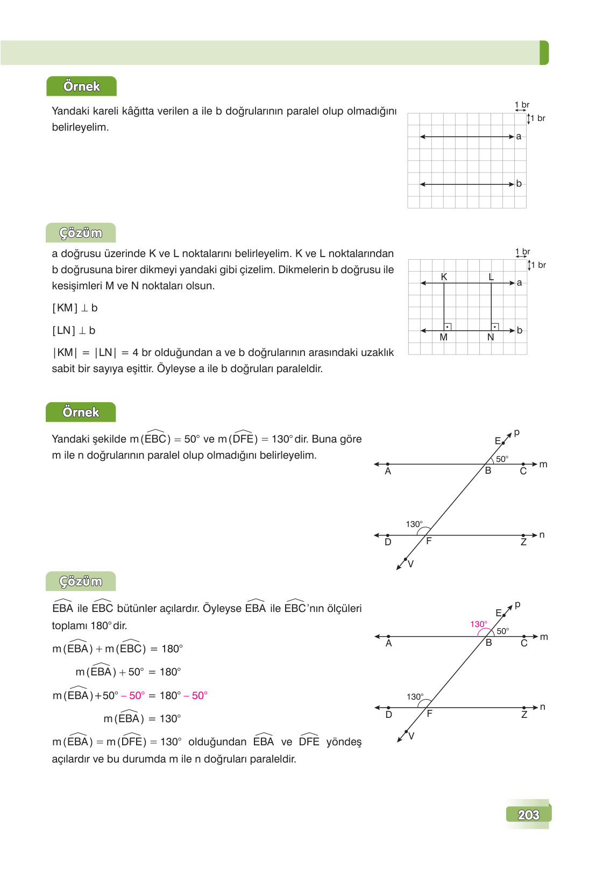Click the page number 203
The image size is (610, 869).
click(528, 815)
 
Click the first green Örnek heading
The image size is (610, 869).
click(81, 87)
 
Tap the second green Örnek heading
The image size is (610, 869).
click(81, 412)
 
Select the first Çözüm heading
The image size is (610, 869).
click(81, 233)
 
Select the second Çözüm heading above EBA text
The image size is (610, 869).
click(81, 581)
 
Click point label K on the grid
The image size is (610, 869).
click(444, 277)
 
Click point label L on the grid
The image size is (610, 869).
click(491, 277)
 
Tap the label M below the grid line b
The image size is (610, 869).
click(443, 337)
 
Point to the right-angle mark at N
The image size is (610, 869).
click(495, 327)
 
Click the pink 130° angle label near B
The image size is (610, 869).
click(478, 624)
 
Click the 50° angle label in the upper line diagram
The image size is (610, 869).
click(502, 459)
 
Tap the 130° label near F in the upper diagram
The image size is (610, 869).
click(414, 524)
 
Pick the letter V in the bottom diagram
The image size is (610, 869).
click(412, 736)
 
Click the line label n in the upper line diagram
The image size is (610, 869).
click(542, 535)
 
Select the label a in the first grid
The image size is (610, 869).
click(519, 137)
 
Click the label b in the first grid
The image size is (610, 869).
click(519, 183)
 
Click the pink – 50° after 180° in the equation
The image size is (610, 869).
click(196, 695)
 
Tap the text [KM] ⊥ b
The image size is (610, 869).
click(75, 308)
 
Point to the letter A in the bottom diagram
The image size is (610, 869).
click(388, 643)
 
